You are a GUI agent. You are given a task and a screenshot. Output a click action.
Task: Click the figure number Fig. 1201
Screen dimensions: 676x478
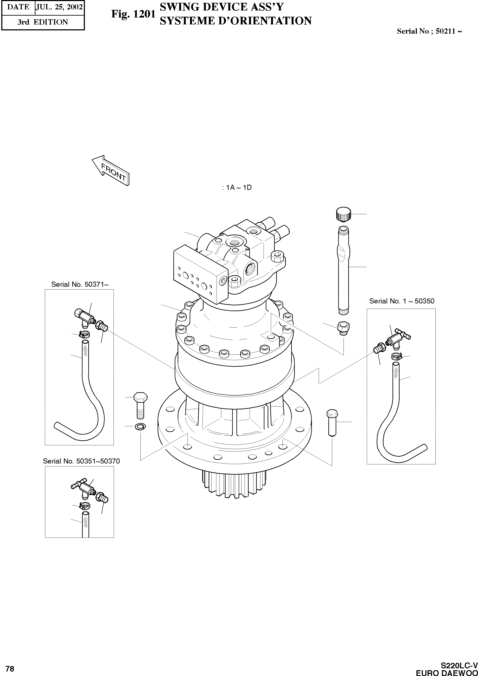point(133,14)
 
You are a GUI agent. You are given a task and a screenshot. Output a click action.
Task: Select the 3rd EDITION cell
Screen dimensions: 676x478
point(43,22)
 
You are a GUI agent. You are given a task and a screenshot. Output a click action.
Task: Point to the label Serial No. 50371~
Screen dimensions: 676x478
point(80,284)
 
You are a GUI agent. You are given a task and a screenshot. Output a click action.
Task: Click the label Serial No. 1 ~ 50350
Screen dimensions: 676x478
point(401,301)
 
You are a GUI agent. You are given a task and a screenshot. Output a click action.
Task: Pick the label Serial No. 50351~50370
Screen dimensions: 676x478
point(81,461)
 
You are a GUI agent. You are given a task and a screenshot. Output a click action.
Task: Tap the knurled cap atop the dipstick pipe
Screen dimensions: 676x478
point(343,214)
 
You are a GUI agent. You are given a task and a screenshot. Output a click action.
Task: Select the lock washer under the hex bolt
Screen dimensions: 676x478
point(140,426)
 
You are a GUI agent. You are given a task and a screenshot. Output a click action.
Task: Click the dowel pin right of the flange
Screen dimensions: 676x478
point(332,422)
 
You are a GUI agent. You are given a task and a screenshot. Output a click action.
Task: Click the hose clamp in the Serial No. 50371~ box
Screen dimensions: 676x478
point(84,334)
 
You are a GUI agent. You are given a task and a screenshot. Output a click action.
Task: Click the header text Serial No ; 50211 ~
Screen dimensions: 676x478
point(429,31)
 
